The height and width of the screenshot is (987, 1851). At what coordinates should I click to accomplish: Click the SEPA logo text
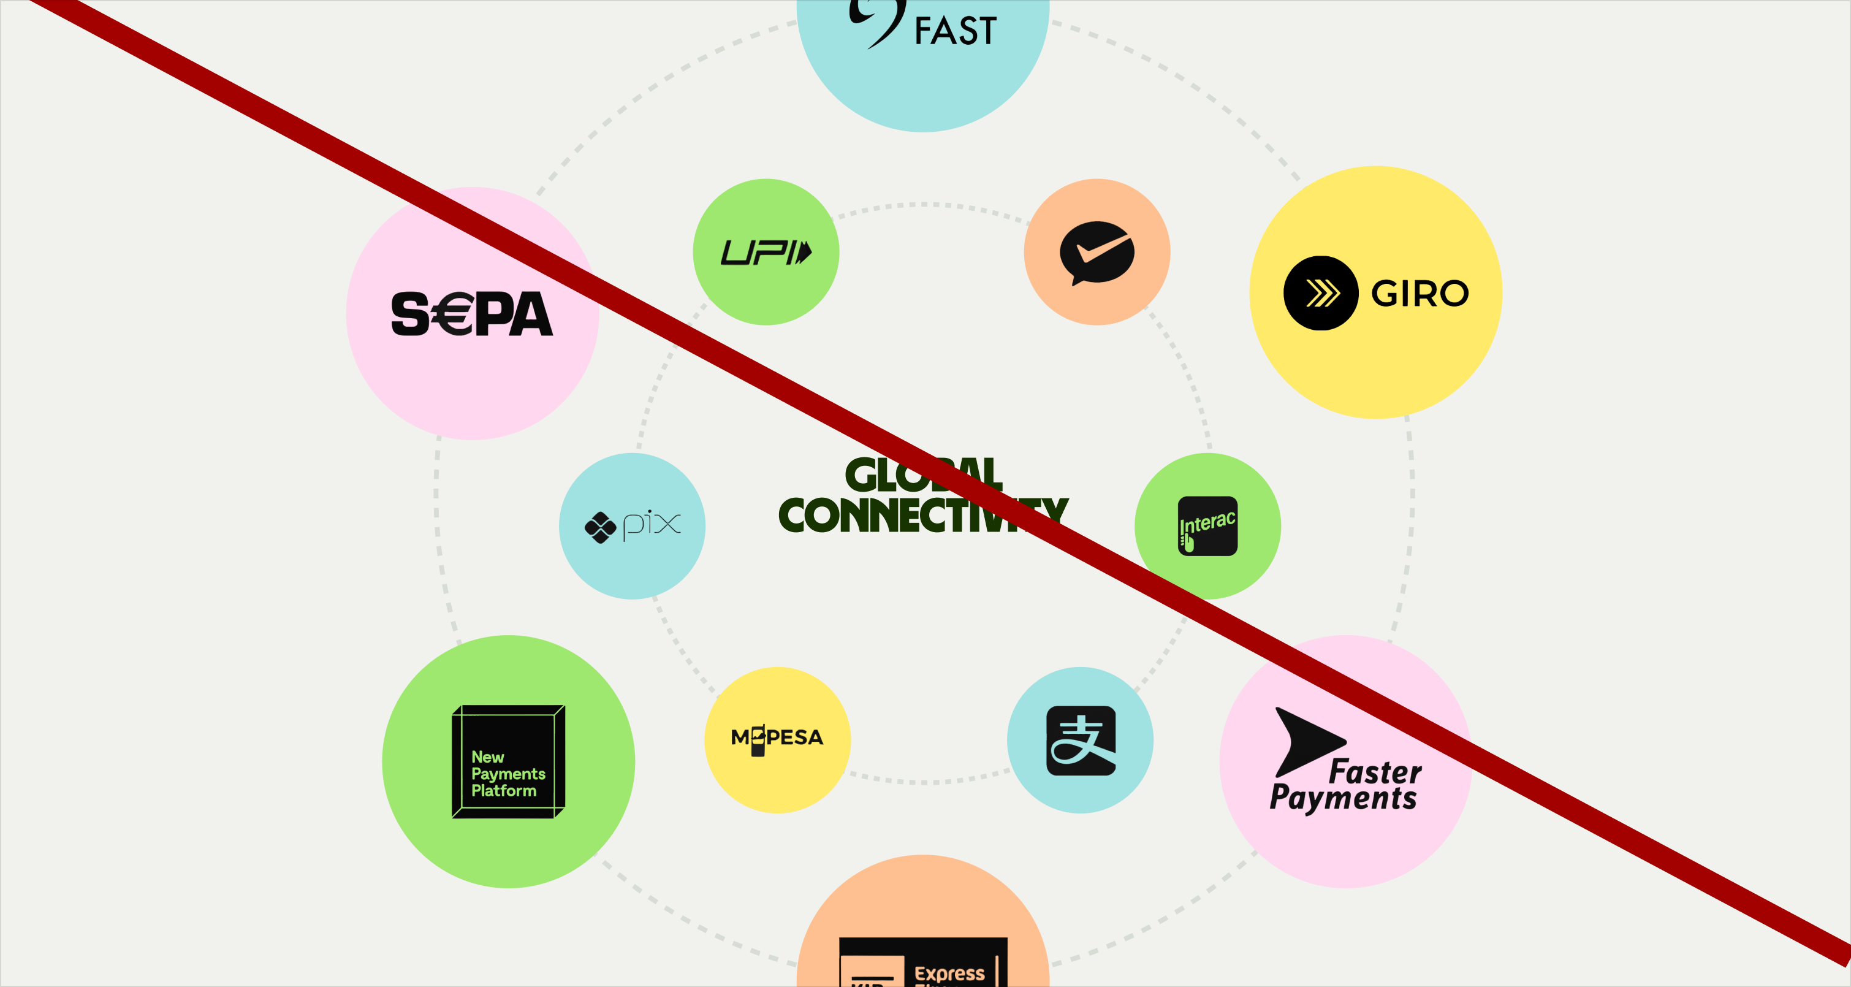click(x=471, y=314)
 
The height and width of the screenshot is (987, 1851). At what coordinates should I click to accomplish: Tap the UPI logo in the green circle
click(x=766, y=253)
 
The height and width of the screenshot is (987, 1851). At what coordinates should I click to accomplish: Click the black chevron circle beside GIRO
click(x=1320, y=293)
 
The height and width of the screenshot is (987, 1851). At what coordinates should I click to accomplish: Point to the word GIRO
click(x=1419, y=293)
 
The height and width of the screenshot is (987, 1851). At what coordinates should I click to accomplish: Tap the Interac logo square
click(x=1207, y=526)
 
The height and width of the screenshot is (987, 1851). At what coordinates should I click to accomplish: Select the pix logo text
click(x=651, y=524)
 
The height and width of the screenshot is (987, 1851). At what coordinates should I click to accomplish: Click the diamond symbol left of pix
click(x=600, y=528)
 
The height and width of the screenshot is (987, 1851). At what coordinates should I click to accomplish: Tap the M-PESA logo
click(x=777, y=738)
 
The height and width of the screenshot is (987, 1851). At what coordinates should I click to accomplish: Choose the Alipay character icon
click(x=1081, y=741)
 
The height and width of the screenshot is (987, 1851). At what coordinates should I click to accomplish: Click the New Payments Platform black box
click(x=508, y=761)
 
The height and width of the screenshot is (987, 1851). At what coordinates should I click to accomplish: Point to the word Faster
click(x=1375, y=772)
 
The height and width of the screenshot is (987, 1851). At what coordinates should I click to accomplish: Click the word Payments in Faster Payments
click(x=1342, y=799)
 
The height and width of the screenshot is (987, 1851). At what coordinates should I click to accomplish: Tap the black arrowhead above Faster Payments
click(x=1304, y=741)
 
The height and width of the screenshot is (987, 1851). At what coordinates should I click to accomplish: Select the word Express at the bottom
click(x=949, y=974)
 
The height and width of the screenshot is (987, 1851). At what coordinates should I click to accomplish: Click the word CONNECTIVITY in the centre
click(x=922, y=515)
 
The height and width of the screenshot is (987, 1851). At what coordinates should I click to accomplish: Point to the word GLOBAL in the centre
click(x=922, y=474)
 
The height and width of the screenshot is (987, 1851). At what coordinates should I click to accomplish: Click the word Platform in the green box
click(x=503, y=791)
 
